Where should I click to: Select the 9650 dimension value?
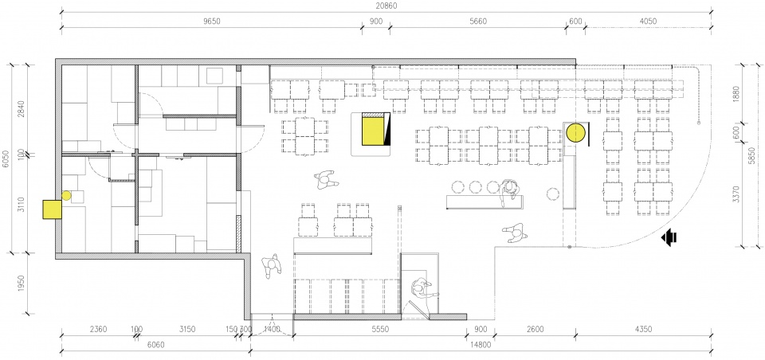click(212, 21)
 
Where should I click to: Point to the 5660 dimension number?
click(477, 21)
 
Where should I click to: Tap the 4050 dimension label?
click(648, 21)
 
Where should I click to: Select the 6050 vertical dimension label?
click(6, 158)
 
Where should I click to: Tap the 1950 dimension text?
click(21, 284)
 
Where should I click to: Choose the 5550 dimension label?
click(380, 329)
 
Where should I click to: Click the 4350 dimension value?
click(643, 329)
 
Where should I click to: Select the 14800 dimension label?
click(481, 344)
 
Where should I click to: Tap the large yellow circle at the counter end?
click(575, 133)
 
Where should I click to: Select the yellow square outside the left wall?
click(53, 209)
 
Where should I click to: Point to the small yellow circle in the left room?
click(66, 196)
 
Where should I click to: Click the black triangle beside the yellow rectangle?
click(386, 129)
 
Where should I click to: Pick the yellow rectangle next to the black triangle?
click(372, 131)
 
